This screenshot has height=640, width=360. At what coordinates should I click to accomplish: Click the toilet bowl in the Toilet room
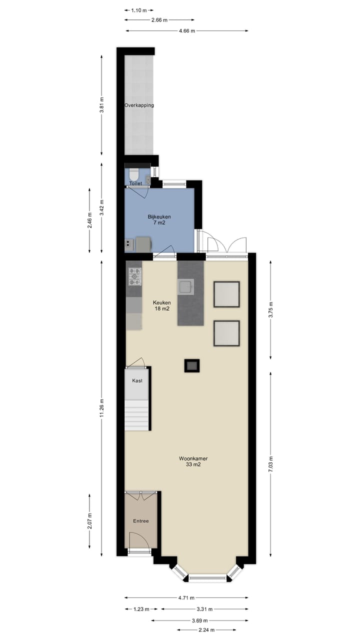[133, 174]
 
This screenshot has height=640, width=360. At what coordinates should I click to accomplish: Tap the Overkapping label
[139, 105]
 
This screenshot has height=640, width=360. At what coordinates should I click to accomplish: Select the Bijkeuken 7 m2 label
[159, 219]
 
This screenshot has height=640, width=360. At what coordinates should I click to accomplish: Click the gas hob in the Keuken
[135, 276]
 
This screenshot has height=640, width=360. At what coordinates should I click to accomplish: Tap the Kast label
[137, 380]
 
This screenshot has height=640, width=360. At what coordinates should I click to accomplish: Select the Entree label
[140, 521]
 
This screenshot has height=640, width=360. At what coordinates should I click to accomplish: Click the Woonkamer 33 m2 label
[193, 461]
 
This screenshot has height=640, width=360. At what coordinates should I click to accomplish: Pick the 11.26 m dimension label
[101, 407]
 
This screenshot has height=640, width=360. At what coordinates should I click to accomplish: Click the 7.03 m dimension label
[270, 464]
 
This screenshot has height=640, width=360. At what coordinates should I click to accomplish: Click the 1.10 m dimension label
[138, 10]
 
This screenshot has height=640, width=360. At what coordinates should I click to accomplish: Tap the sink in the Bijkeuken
[128, 243]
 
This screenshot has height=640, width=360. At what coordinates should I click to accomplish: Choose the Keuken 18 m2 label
[162, 305]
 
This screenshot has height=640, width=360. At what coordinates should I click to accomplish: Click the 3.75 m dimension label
[270, 310]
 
